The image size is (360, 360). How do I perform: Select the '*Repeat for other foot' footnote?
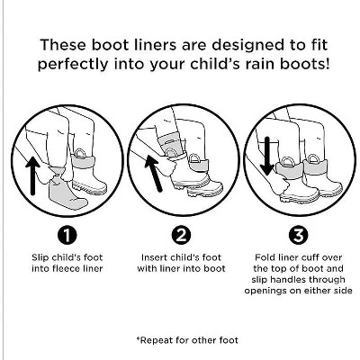click(x=181, y=340)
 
